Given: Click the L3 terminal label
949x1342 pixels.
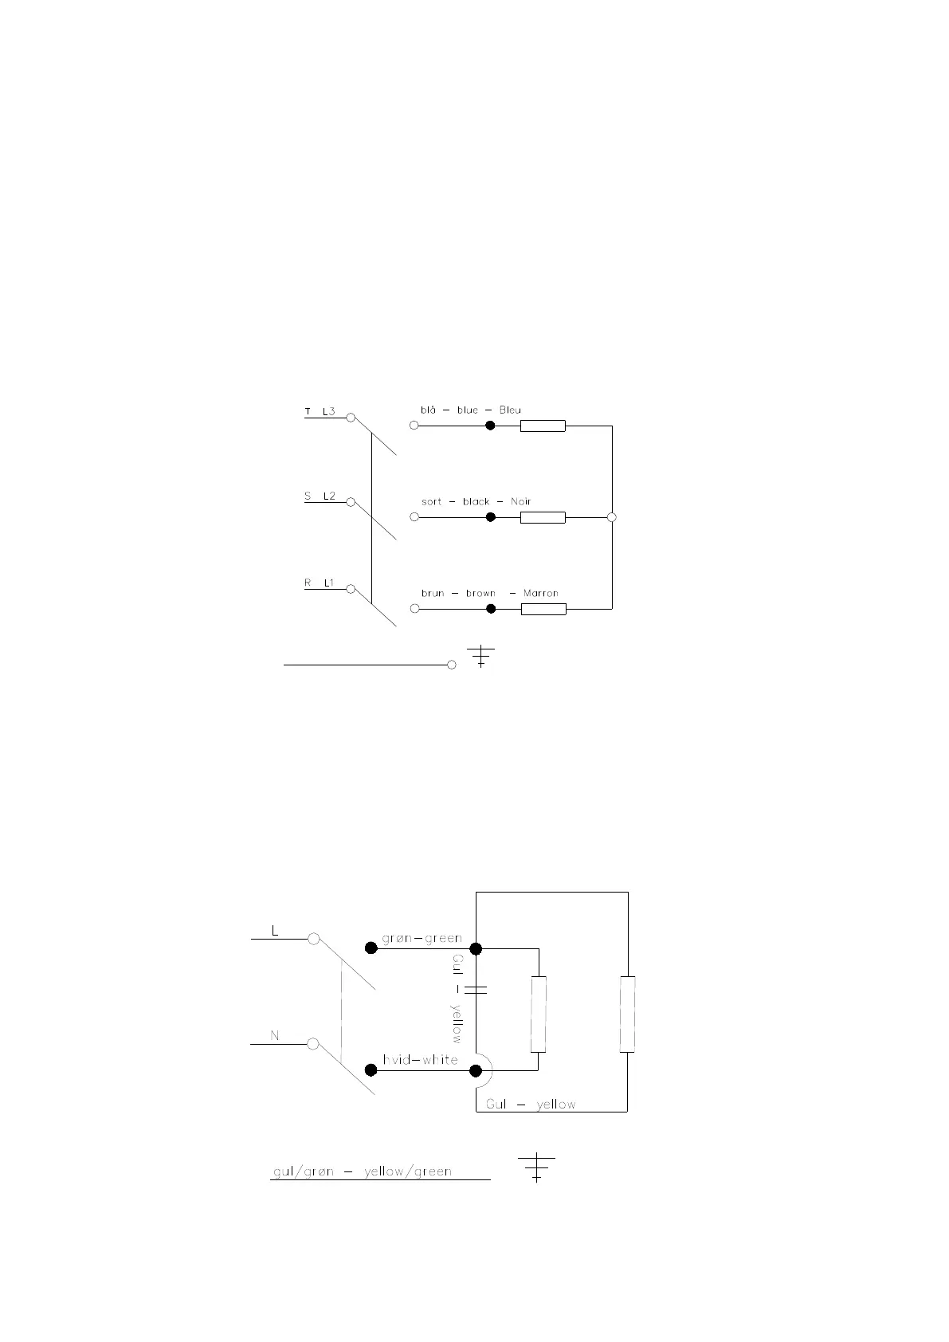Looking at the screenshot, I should click(329, 412).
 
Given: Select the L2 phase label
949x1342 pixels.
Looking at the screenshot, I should click(329, 496).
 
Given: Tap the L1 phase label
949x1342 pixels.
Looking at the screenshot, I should click(329, 583).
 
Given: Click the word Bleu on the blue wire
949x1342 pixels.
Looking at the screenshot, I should click(510, 410).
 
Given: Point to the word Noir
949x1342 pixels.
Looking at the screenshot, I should click(520, 502).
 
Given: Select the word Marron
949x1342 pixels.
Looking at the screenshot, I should click(540, 594).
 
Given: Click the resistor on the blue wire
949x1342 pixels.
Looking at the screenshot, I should click(543, 426).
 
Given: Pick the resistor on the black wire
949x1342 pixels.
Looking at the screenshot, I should click(543, 518).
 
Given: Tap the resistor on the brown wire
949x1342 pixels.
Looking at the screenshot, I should click(543, 610).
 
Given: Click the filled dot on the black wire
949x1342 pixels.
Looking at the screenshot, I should click(491, 517).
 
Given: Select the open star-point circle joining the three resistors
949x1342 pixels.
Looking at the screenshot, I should click(612, 517).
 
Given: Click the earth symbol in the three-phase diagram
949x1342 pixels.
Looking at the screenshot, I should click(480, 656).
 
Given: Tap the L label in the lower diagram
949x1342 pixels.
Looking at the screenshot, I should click(275, 931).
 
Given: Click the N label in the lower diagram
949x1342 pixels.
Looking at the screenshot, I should click(275, 1036).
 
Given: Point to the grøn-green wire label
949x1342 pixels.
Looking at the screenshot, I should click(422, 938).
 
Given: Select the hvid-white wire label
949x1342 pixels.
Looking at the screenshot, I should click(420, 1060).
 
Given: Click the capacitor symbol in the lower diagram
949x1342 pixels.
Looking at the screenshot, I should click(476, 989).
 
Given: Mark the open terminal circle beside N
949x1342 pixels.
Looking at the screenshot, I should click(313, 1044).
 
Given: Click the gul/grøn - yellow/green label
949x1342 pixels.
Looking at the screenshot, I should click(363, 1171).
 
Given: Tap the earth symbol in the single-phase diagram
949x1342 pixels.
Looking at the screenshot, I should click(536, 1167).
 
